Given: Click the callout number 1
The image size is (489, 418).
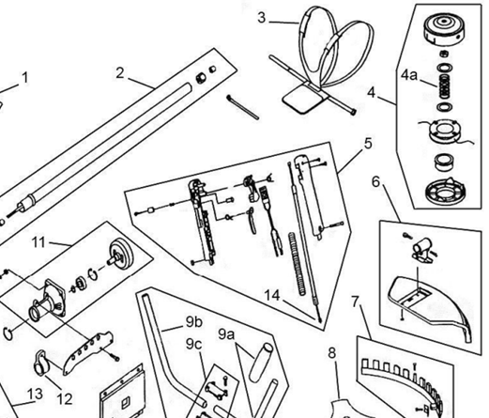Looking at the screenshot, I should click(x=25, y=77).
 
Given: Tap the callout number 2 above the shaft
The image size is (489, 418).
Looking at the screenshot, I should click(x=120, y=72).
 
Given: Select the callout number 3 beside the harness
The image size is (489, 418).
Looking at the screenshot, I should click(x=262, y=17).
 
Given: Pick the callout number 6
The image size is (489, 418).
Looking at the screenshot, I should click(x=377, y=181).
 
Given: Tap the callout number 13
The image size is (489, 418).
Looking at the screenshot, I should click(x=33, y=393).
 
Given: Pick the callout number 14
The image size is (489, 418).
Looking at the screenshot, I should click(x=272, y=296).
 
